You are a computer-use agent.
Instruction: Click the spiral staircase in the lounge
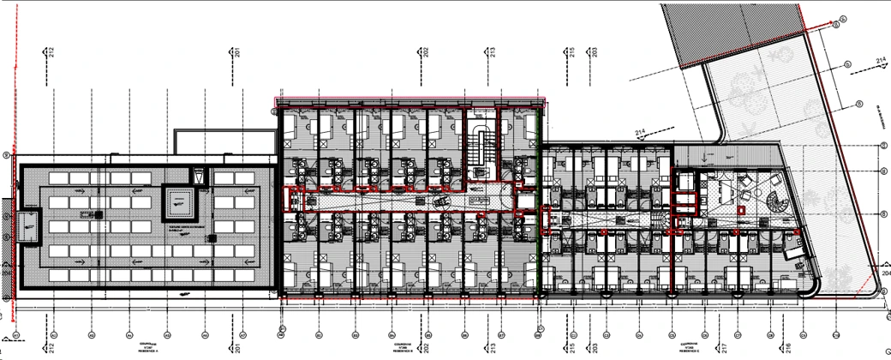776,204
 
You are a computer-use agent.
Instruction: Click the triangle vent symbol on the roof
199,176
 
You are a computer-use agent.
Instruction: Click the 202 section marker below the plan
424,350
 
